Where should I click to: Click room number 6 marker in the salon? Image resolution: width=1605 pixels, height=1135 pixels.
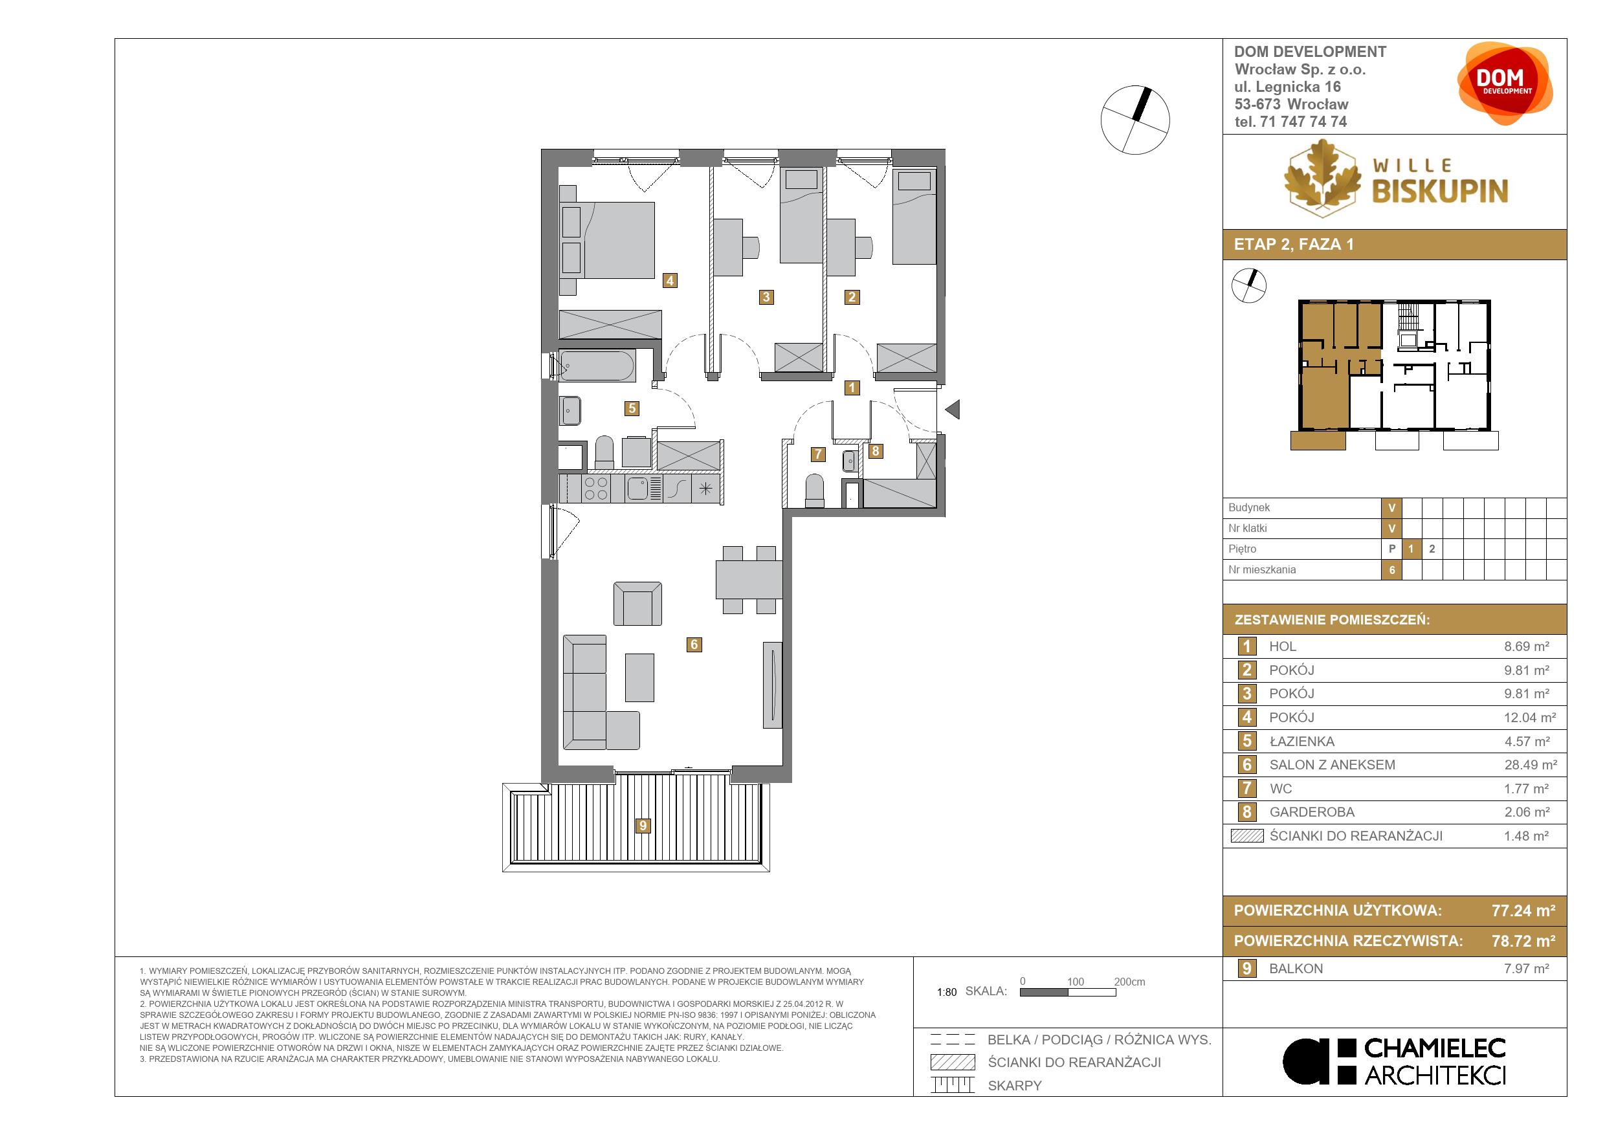(694, 645)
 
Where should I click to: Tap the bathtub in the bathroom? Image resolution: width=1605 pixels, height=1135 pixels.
(597, 366)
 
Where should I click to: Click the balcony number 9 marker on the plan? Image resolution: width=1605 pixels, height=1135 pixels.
(643, 826)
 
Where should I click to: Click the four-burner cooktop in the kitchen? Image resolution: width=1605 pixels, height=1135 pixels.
(596, 489)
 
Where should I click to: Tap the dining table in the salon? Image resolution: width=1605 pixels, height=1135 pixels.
(749, 579)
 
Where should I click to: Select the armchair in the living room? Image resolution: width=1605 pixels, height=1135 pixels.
(637, 604)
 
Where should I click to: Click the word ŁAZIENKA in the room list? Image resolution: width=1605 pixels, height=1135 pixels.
(1301, 741)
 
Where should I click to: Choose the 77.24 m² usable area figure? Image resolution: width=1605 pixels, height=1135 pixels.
(1524, 910)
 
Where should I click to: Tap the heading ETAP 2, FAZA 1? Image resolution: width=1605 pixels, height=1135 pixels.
(1294, 245)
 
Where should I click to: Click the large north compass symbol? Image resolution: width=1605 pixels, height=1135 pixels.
(1135, 120)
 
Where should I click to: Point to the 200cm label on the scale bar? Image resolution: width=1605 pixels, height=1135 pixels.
(1130, 982)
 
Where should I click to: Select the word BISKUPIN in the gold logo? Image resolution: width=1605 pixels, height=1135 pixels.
(1440, 190)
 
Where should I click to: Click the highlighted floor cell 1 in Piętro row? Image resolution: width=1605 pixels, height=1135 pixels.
(1411, 549)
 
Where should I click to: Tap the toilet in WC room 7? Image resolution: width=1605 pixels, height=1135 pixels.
(815, 490)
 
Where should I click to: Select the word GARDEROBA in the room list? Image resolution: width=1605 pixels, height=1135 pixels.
(1311, 812)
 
